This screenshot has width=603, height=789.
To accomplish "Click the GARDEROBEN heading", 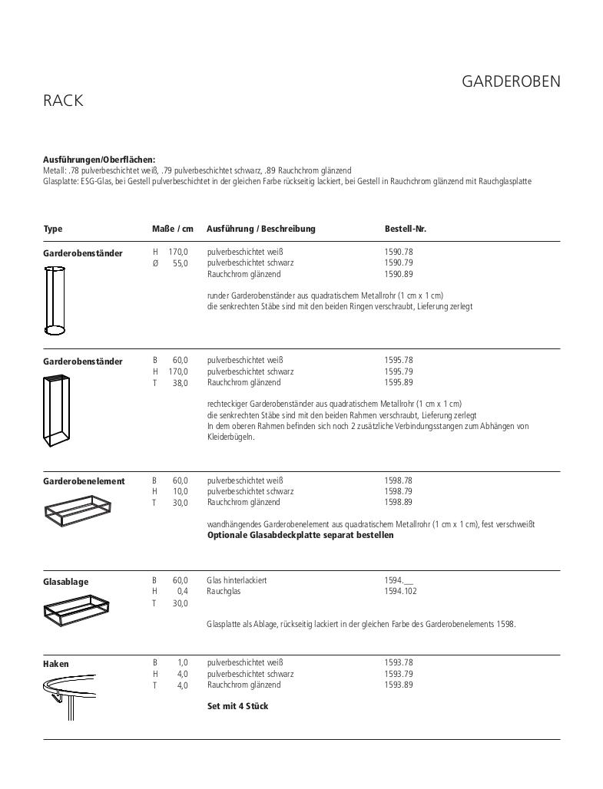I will pos(511,81).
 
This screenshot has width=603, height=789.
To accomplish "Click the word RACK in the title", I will pos(63,101).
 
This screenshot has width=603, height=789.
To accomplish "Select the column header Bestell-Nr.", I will pos(405,229).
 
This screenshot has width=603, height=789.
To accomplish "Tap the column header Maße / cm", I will pos(173,229).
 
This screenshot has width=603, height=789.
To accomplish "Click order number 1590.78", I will pos(399,252).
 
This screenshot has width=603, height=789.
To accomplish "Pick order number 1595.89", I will pos(399,382).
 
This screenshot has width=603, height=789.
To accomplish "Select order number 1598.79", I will pos(399,491).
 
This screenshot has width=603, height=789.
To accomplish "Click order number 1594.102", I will pos(401,591).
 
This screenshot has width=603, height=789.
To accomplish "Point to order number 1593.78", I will pos(399,662).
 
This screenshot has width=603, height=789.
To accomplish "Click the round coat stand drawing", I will pos(55,299).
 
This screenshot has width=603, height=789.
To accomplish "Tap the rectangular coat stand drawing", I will pos(56,411).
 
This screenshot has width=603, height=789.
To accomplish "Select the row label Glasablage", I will pos(65,582).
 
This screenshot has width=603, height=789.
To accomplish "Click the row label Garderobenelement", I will pos(84,481).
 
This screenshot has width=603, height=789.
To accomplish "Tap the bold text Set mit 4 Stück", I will pos(237,706).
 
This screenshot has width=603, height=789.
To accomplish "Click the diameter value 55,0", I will pos(179,263).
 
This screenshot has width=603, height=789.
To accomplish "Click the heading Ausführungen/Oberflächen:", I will pos(99,160).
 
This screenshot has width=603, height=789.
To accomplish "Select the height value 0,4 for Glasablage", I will pos(182,592).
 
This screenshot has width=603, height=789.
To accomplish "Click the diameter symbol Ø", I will pos(155,263).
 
